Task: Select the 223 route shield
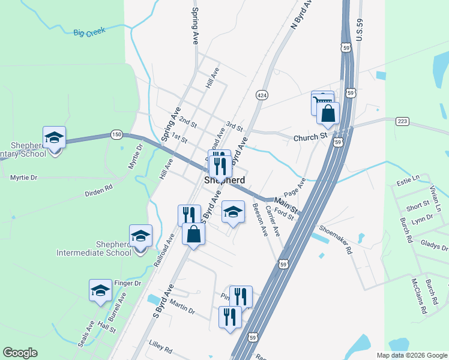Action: pyautogui.click(x=402, y=122)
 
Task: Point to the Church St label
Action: pyautogui.click(x=310, y=138)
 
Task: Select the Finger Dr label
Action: pyautogui.click(x=127, y=283)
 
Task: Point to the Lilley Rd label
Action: pyautogui.click(x=161, y=349)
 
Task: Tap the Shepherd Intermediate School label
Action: pyautogui.click(x=94, y=248)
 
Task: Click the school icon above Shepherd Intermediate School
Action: pyautogui.click(x=141, y=236)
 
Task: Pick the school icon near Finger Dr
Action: pyautogui.click(x=100, y=291)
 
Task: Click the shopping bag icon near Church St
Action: pyautogui.click(x=328, y=114)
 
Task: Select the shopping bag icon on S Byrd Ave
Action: pyautogui.click(x=193, y=234)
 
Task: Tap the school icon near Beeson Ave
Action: pyautogui.click(x=233, y=212)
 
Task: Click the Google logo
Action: pyautogui.click(x=20, y=353)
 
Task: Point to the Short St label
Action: pyautogui.click(x=414, y=206)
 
